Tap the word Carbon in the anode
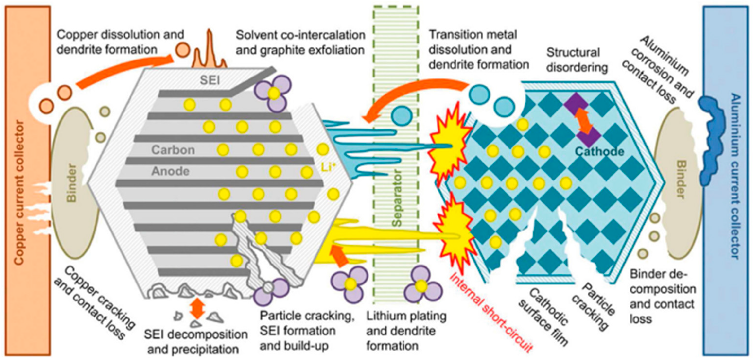(x=173, y=150)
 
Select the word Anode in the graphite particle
(x=170, y=171)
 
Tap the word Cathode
(x=599, y=151)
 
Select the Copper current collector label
(x=19, y=193)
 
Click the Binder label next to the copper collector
(x=71, y=183)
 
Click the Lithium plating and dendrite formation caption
(x=406, y=331)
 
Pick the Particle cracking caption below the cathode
(x=593, y=307)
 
